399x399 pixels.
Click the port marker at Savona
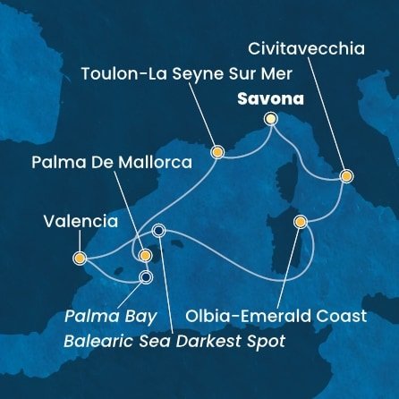[x=271, y=119]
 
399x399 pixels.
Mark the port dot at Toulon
[x=216, y=152]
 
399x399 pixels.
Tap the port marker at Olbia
[x=301, y=221]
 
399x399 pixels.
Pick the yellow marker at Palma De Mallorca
[x=145, y=255]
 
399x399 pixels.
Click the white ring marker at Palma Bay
[x=146, y=276]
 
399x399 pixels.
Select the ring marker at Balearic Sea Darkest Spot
[x=159, y=230]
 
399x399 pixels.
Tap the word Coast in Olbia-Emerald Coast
[x=343, y=316]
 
